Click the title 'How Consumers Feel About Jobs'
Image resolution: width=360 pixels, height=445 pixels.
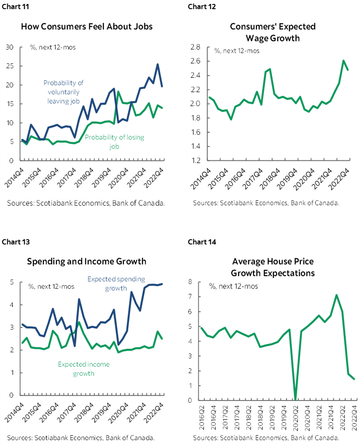click(87, 26)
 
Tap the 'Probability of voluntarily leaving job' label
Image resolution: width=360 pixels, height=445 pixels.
click(63, 92)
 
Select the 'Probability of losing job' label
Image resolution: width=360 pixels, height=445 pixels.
click(114, 142)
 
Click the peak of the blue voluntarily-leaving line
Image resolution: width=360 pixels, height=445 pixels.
click(157, 64)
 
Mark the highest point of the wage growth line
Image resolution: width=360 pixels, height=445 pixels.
click(344, 60)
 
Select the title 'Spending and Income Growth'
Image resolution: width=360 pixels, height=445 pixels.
click(87, 261)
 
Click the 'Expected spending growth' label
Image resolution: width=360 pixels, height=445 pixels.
click(116, 284)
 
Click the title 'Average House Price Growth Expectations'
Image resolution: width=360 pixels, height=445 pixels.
click(273, 268)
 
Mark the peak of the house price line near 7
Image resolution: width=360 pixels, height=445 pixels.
click(336, 295)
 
